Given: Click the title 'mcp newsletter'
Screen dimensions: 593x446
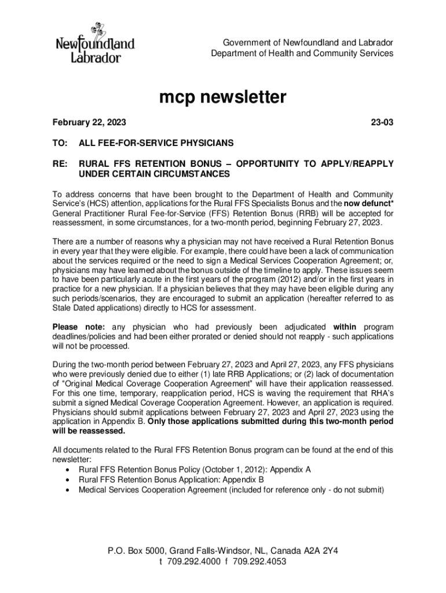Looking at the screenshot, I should pyautogui.click(x=223, y=97).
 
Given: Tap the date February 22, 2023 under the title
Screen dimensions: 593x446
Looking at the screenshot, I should pyautogui.click(x=89, y=123).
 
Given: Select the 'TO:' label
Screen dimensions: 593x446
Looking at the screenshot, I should pyautogui.click(x=60, y=142).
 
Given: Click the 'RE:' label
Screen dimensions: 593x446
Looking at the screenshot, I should pyautogui.click(x=60, y=164).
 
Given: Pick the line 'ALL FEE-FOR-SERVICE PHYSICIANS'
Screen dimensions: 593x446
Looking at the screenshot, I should pyautogui.click(x=156, y=142).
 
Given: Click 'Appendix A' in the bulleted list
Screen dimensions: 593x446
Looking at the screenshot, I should pyautogui.click(x=291, y=470).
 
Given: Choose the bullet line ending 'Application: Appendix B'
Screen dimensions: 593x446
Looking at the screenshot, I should pyautogui.click(x=171, y=479).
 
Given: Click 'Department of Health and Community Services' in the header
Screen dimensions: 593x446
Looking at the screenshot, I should pyautogui.click(x=302, y=53).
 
